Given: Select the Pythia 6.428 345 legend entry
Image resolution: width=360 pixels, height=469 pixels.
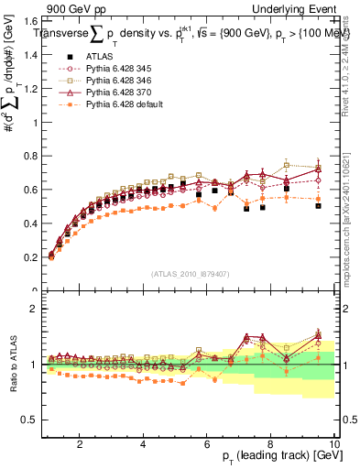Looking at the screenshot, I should point(116,67).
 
